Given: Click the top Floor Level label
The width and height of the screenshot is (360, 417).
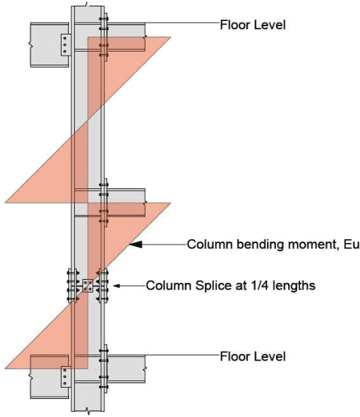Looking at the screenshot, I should [x=252, y=24].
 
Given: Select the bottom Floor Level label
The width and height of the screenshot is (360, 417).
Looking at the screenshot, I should [x=252, y=355].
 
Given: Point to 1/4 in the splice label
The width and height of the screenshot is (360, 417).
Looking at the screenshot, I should [x=253, y=286].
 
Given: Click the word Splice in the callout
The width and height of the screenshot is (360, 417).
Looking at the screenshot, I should [x=205, y=286].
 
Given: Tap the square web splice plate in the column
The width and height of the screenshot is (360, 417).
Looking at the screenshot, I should [x=88, y=286].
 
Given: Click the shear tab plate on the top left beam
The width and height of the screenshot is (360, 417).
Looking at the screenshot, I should [x=65, y=44].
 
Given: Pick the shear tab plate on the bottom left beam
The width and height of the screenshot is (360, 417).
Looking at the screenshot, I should [x=65, y=376].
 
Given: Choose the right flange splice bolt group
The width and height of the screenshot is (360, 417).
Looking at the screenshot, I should [x=103, y=286].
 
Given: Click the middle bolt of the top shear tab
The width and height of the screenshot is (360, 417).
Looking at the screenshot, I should [x=65, y=44].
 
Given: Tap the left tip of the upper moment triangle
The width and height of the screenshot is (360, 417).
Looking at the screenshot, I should [x=6, y=202].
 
